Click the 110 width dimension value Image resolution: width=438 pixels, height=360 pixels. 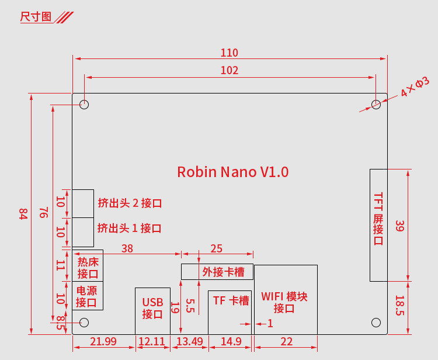230,53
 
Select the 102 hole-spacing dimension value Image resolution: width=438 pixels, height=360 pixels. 230,70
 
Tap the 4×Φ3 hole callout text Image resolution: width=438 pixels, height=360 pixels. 415,86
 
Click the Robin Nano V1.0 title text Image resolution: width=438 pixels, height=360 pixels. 232,172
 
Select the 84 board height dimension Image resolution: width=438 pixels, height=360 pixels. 23,213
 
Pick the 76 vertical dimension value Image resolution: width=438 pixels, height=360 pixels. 44,212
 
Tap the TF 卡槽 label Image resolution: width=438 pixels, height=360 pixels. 231,301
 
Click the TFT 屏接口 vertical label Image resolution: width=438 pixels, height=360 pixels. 378,219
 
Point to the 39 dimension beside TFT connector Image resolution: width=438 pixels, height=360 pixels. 399,226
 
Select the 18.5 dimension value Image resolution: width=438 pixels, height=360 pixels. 399,306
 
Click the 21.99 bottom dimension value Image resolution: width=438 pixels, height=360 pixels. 103,341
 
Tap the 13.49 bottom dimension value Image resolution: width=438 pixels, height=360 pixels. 190,341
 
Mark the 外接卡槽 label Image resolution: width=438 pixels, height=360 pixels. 223,272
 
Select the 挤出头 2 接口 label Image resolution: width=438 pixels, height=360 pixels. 130,203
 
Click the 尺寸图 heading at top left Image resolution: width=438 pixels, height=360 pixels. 36,17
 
